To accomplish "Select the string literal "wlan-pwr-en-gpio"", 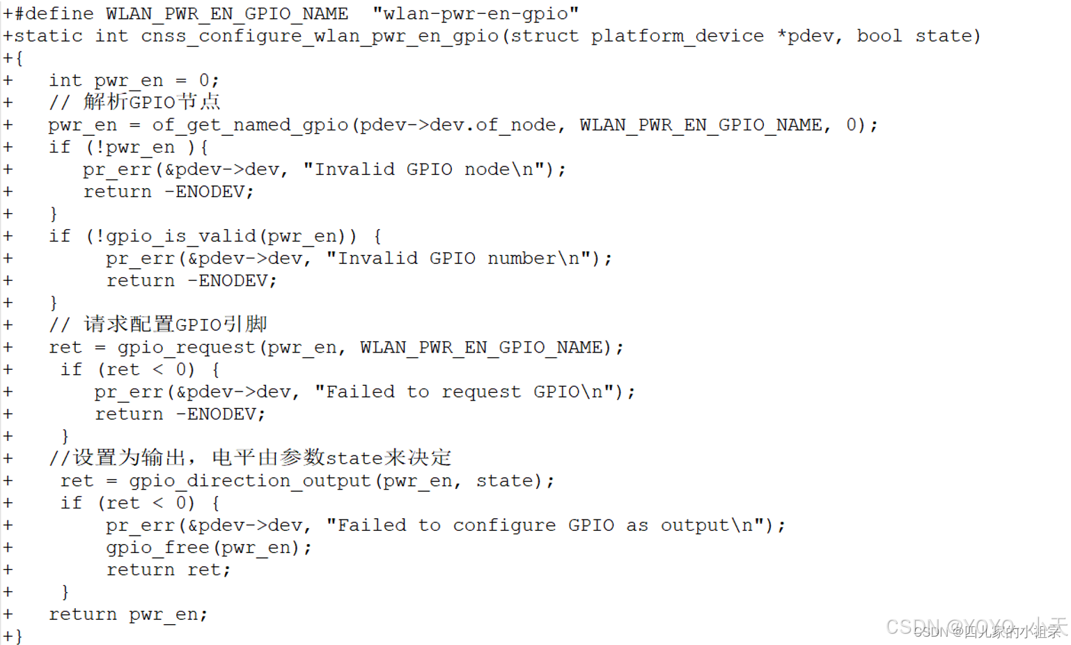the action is [x=476, y=14].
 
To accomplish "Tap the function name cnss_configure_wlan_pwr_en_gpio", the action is [x=320, y=36].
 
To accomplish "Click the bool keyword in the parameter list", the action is [x=879, y=36].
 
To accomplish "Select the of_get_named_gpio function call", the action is [x=250, y=125].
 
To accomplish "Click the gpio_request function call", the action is [x=186, y=348].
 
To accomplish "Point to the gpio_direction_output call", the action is [x=250, y=481].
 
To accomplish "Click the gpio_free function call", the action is [x=158, y=548].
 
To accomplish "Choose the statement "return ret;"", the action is [x=168, y=570].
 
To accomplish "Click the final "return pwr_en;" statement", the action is [x=128, y=614].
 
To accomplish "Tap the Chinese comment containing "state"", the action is [x=250, y=458].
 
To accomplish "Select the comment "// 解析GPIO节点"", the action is [x=134, y=102].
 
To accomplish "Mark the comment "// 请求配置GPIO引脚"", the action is [x=158, y=325].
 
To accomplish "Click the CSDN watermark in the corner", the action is [x=976, y=628].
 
